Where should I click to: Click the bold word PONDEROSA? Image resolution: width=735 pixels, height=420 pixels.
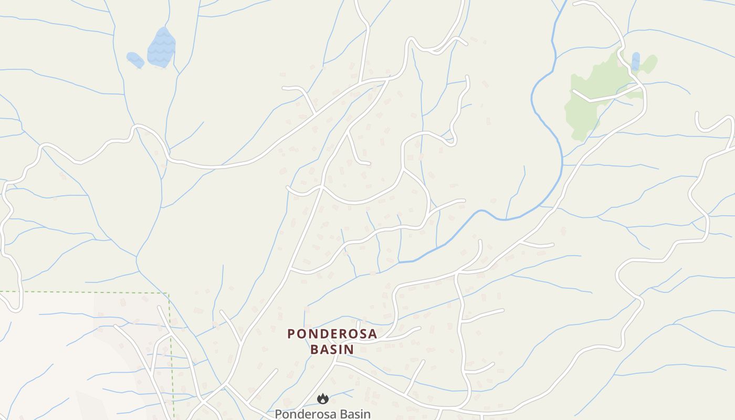point(332,334)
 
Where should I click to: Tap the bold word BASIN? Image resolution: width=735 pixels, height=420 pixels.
point(332,349)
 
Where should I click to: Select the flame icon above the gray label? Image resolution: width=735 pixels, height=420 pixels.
point(323,399)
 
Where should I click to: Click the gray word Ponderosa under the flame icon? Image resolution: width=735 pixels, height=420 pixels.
point(304,414)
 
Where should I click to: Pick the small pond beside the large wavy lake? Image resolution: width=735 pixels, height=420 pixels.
point(135,59)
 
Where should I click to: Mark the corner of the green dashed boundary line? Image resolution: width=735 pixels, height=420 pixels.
point(168,293)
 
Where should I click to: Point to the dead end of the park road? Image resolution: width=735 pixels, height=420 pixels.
point(573,91)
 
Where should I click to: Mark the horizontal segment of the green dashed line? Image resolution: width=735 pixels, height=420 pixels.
point(84,292)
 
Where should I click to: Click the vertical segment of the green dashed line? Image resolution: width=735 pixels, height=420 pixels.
point(171,357)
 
